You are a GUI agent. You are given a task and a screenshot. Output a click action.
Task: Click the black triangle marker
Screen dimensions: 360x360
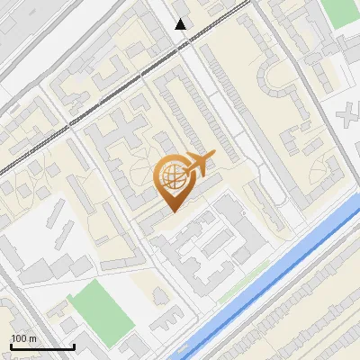pyautogui.click(x=181, y=24)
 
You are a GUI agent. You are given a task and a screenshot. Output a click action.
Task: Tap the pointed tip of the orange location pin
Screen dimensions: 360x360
pyautogui.click(x=172, y=211)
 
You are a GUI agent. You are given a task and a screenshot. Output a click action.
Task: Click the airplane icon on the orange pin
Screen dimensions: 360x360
pyautogui.click(x=200, y=164)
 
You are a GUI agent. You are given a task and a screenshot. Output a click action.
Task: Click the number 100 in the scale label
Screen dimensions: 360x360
pyautogui.click(x=19, y=338)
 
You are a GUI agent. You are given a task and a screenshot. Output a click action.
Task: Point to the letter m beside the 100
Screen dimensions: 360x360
pyautogui.click(x=33, y=338)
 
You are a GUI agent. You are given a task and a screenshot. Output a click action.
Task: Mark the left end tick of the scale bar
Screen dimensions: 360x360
pyautogui.click(x=10, y=346)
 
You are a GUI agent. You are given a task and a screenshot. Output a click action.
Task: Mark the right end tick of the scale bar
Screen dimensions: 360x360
pyautogui.click(x=74, y=346)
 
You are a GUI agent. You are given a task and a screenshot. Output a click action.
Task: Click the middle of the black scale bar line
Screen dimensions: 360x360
pyautogui.click(x=41, y=347)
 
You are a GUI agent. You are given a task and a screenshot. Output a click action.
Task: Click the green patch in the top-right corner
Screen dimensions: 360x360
pyautogui.click(x=339, y=11)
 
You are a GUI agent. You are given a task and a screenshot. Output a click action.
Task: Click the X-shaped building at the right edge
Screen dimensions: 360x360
pyautogui.click(x=350, y=117)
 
